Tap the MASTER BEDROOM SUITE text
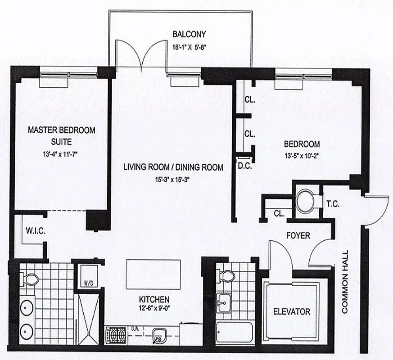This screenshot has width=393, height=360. pos(62,135)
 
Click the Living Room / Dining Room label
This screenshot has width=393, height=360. pos(173,167)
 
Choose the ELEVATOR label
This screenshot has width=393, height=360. pos(292,311)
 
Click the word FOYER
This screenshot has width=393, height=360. pos(298,236)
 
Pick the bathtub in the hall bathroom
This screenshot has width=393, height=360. pos(234,333)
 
